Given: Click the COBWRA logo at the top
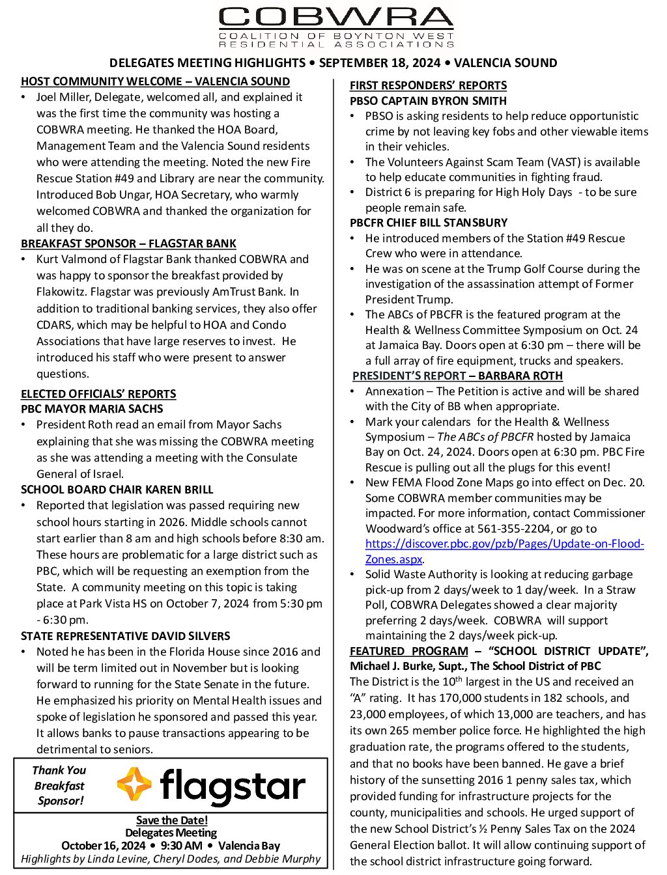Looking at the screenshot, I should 336,27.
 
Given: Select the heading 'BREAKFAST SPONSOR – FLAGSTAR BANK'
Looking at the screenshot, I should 128,243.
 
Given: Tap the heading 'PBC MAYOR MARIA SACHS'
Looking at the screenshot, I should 92,409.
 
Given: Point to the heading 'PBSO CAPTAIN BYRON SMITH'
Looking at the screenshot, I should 428,101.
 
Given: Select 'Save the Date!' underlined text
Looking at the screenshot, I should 172,820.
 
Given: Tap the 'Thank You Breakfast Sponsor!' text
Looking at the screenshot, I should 59,785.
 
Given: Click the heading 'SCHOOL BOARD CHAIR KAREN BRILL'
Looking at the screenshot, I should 117,490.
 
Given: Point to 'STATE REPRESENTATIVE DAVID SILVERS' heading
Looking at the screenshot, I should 126,636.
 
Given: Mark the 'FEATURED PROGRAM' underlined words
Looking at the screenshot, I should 408,651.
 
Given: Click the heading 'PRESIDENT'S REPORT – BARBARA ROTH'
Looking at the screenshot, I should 457,376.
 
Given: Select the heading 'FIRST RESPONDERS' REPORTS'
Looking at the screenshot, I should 428,85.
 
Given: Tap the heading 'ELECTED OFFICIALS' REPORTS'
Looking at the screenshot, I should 98,394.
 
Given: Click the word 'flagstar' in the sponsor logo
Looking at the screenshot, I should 233,786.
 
